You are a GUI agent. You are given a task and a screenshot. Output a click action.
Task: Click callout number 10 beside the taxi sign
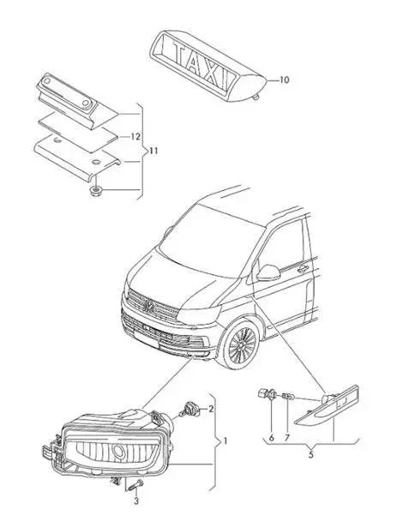pos(285,80)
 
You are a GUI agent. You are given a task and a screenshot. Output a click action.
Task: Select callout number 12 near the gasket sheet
pos(135,137)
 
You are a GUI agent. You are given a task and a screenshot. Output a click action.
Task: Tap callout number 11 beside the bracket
pos(153,151)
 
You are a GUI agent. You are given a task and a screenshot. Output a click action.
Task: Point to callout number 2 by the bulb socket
pos(211,409)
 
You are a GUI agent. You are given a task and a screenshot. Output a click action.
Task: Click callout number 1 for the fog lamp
pos(225,441)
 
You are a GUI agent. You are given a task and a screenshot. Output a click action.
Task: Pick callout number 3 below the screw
pos(136,501)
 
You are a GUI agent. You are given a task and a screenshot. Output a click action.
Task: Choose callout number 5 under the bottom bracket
pos(310,455)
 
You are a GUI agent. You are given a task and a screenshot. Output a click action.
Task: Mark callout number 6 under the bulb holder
pos(272,438)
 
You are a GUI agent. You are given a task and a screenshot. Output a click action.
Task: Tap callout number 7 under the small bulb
pos(287,438)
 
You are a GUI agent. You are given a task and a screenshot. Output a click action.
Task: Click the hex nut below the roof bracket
pos(95,190)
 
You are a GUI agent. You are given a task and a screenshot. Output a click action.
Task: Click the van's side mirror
pos(268,272)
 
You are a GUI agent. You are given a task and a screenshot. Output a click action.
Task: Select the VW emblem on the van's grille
pos(150,306)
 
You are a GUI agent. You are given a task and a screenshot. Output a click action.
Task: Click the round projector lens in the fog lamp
pos(118,451)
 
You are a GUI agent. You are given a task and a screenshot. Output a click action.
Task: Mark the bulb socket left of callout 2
pos(189,409)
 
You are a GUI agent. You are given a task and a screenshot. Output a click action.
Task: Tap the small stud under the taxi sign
pos(255,96)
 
